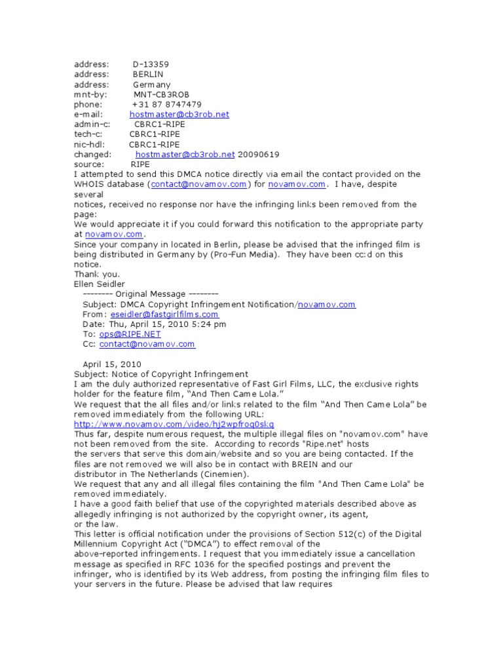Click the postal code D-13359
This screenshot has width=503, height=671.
point(151,64)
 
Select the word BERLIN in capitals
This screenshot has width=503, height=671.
point(148,74)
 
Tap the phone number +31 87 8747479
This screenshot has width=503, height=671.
point(166,104)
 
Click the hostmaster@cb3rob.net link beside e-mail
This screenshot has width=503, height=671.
point(179,114)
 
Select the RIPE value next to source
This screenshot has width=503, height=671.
point(141,164)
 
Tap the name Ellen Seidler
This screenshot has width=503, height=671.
point(100,284)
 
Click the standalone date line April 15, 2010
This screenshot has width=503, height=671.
point(111,364)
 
